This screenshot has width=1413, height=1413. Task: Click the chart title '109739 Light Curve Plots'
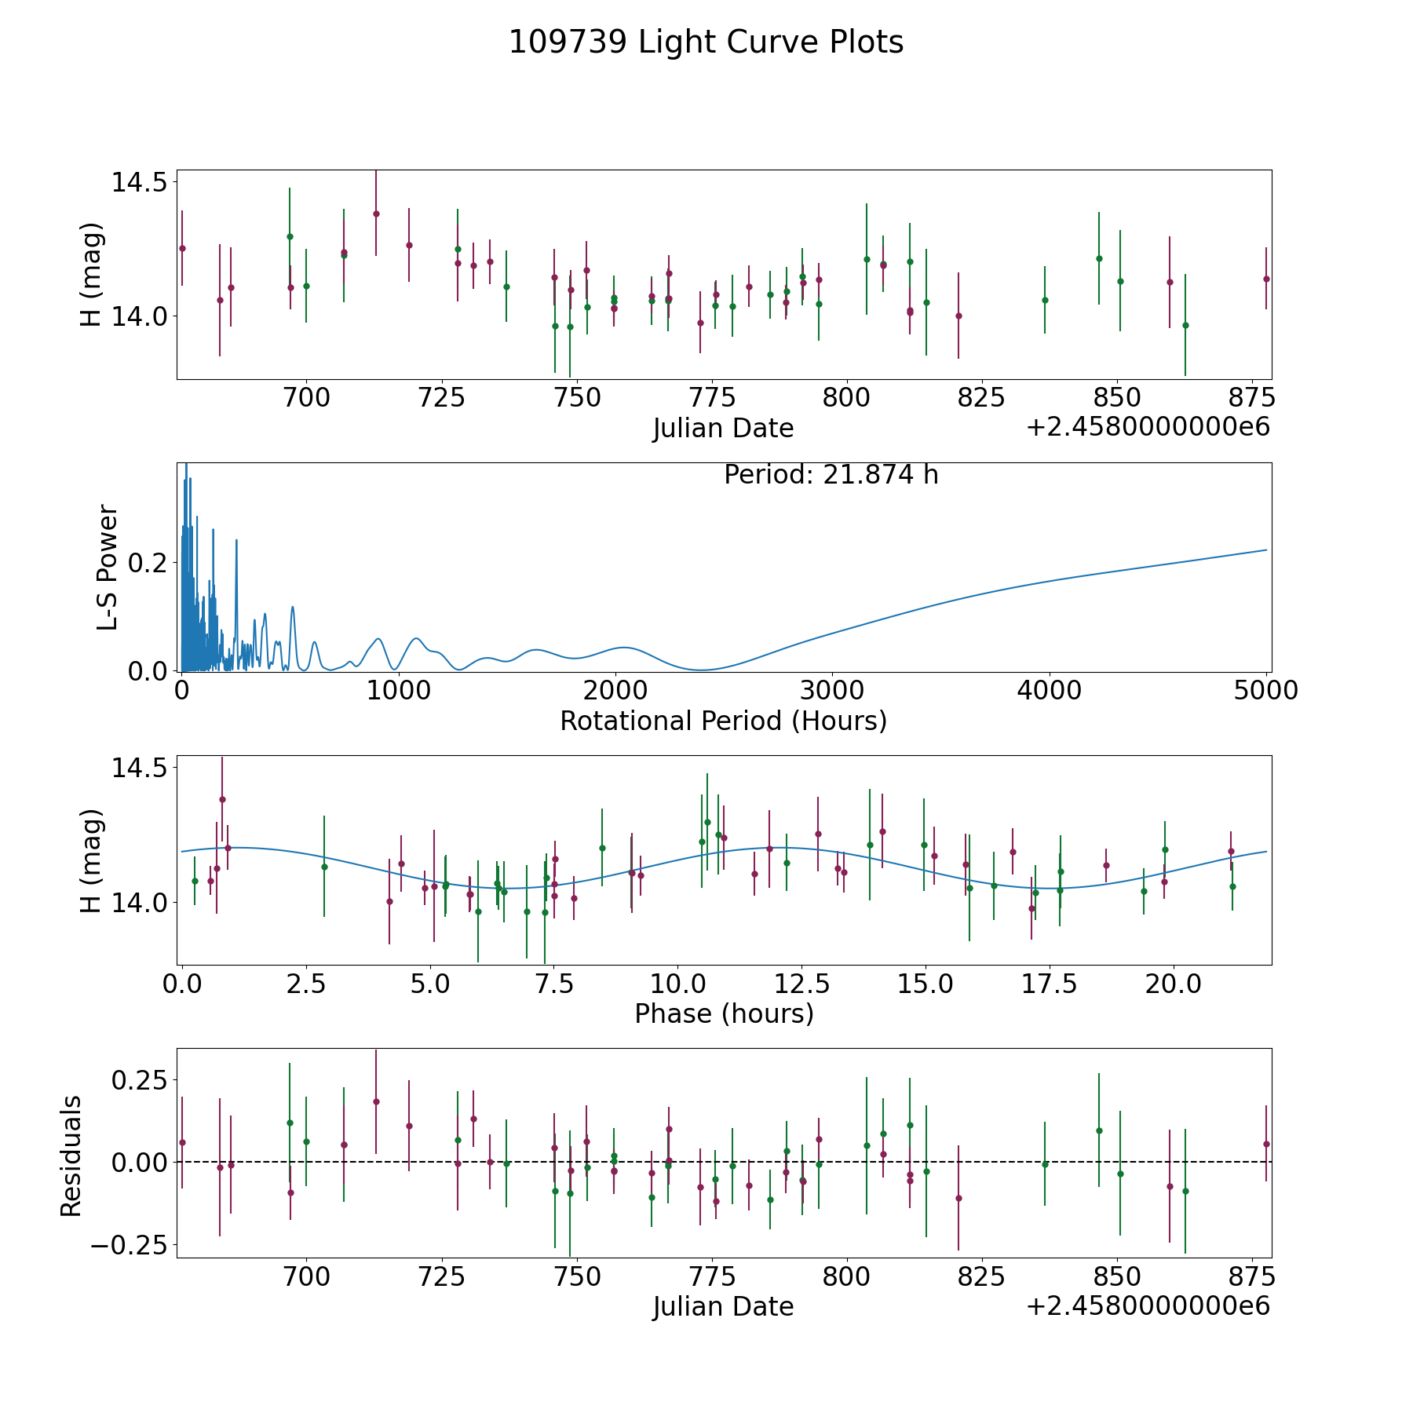(706, 42)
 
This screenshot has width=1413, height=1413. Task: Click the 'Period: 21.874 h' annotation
(831, 475)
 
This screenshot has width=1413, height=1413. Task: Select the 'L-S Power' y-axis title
(108, 567)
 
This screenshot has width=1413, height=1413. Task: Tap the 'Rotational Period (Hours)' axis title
(723, 721)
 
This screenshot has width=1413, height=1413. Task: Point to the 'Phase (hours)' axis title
(724, 1013)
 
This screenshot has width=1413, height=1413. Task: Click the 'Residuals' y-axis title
(71, 1156)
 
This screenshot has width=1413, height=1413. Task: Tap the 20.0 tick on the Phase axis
(1172, 984)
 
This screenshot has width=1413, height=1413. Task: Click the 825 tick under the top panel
(982, 398)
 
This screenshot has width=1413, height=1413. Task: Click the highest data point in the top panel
(376, 214)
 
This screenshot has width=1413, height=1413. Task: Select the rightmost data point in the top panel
(1266, 279)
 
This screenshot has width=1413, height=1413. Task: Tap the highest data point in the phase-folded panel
(222, 799)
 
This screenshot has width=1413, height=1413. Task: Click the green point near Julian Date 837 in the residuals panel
(1045, 1164)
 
